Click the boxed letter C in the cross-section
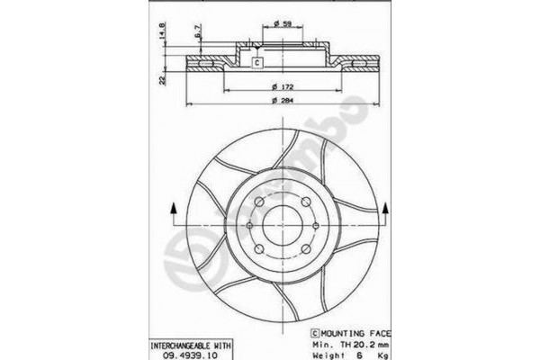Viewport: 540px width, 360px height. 256,62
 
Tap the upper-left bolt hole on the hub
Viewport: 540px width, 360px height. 256,201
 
